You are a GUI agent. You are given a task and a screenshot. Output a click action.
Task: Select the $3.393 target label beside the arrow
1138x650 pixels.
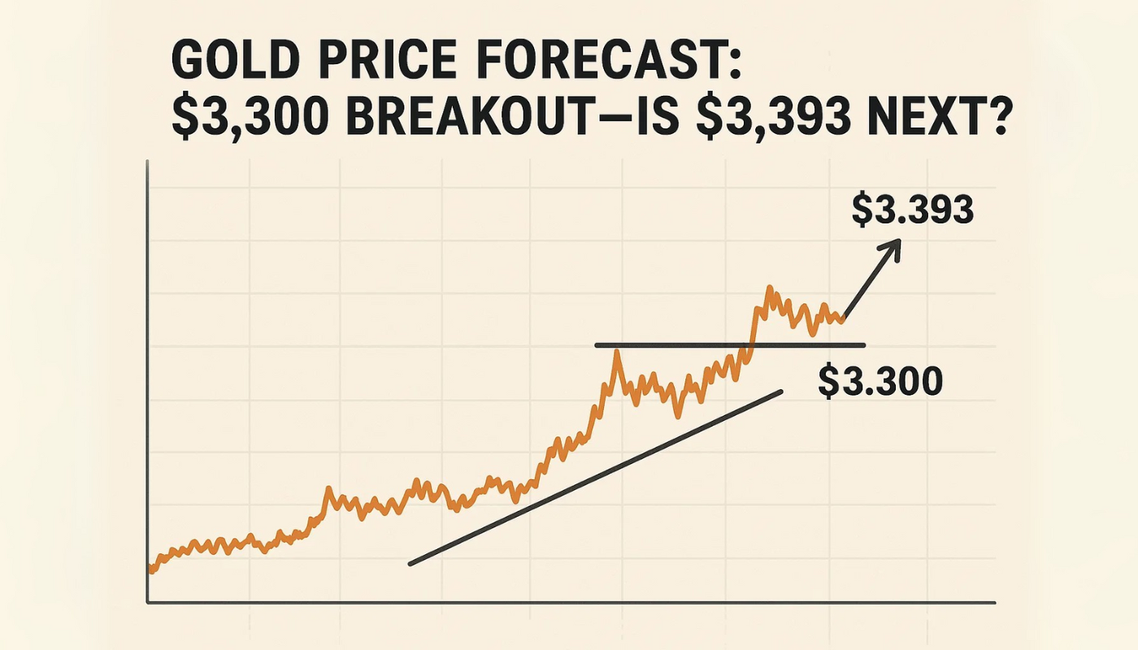click(x=911, y=210)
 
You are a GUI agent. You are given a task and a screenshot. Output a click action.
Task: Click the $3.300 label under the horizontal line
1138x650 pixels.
click(x=880, y=381)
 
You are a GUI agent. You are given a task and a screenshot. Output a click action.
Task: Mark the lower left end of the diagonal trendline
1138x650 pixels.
click(x=410, y=563)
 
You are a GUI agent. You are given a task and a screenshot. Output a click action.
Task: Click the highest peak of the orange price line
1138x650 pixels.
click(x=768, y=288)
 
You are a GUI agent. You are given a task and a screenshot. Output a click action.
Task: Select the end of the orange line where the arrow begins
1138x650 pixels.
click(x=844, y=318)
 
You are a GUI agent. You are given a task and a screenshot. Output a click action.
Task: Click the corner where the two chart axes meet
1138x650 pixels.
click(x=148, y=602)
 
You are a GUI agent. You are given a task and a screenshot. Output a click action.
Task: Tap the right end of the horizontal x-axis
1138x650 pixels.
click(x=993, y=603)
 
